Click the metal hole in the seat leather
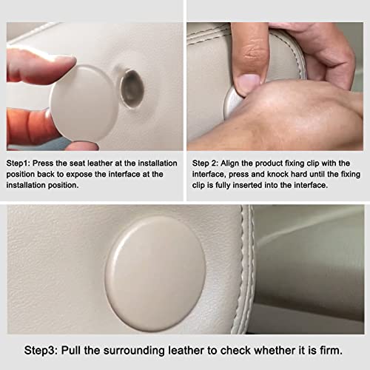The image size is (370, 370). coord(132,89)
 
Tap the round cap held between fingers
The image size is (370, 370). coord(81,102)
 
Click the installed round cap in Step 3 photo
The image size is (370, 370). coord(155,274)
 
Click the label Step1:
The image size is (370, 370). coord(18,164)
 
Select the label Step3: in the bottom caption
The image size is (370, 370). coord(41,351)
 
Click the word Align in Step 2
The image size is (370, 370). coord(229,164)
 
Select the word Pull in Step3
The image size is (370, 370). coord(71,350)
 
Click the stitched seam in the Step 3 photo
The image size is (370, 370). coord(246,269)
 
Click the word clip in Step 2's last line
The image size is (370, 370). coord(198,185)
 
